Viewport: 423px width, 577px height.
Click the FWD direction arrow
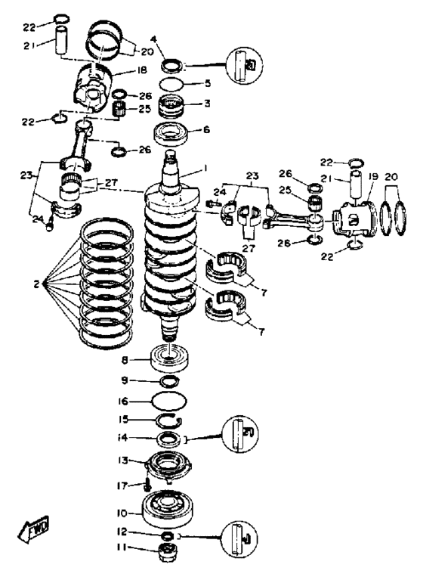click(33, 529)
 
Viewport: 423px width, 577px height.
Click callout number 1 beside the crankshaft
click(205, 169)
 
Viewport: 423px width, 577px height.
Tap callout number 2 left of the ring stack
click(36, 284)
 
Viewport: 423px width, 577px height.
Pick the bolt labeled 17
click(148, 484)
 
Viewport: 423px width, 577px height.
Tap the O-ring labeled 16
click(168, 401)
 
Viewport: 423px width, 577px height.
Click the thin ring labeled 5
click(171, 84)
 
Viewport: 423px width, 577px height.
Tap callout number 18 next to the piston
click(141, 70)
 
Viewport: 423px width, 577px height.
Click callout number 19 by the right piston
click(373, 177)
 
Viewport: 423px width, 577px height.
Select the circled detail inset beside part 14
click(240, 434)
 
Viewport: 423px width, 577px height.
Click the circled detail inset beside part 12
click(239, 539)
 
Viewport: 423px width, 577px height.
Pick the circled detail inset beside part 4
click(245, 65)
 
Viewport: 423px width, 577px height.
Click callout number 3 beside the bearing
click(207, 104)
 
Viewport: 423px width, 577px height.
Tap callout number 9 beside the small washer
click(125, 380)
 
